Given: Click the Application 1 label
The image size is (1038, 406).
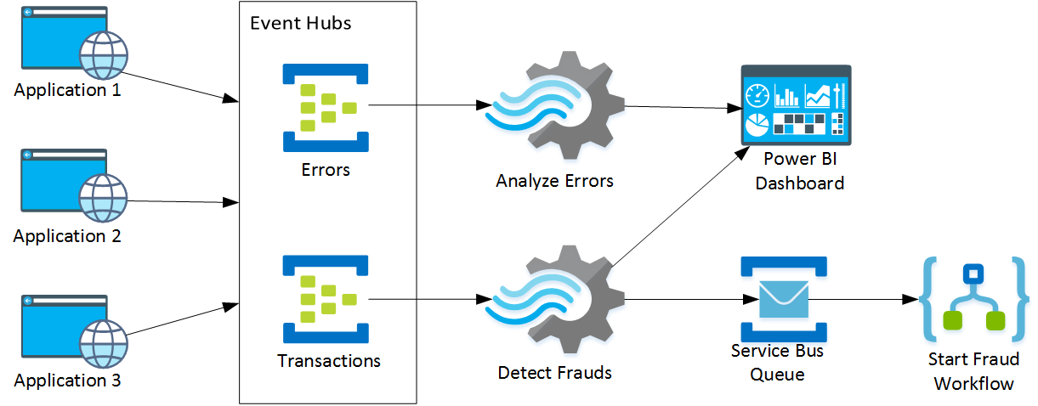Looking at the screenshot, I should coord(67,89).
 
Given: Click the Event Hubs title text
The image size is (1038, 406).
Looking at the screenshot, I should coord(300,23).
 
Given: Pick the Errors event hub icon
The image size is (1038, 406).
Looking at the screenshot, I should coord(326,107).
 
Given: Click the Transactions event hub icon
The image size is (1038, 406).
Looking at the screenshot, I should coord(326,299).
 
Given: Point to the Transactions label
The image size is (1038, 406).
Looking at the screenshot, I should coord(329,361).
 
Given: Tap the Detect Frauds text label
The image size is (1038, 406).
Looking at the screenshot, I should coord(554,372).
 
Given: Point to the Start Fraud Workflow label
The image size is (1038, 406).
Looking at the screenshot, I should coord(973,372).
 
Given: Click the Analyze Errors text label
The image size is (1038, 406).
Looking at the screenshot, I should coord(554,181).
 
